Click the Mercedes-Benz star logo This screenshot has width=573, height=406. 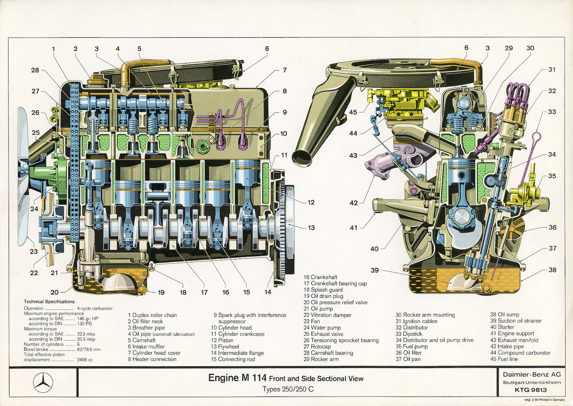pyautogui.click(x=43, y=382)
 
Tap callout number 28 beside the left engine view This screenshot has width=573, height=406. pyautogui.click(x=35, y=70)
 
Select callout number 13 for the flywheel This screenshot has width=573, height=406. pyautogui.click(x=311, y=228)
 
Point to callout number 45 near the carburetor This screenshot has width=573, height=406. pyautogui.click(x=353, y=112)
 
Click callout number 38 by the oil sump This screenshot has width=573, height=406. pyautogui.click(x=553, y=270)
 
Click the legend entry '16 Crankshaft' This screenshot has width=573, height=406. pyautogui.click(x=320, y=277)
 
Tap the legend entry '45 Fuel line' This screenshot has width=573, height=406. pyautogui.click(x=504, y=359)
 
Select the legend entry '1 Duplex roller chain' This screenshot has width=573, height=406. pyautogui.click(x=152, y=315)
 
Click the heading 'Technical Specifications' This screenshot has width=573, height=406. pyautogui.click(x=49, y=302)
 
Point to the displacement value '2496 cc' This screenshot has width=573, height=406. pyautogui.click(x=85, y=360)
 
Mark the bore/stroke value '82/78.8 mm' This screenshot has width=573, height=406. pyautogui.click(x=88, y=350)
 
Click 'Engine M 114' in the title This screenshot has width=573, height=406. pyautogui.click(x=237, y=378)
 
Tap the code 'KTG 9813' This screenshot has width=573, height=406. pyautogui.click(x=531, y=390)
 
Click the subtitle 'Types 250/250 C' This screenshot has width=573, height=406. pyautogui.click(x=288, y=389)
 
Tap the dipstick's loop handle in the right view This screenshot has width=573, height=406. pyautogui.click(x=537, y=136)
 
